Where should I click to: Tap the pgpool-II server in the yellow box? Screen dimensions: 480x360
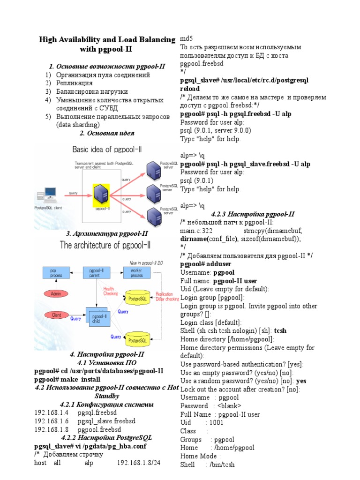[101, 194]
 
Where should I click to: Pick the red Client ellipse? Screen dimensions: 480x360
[56, 315]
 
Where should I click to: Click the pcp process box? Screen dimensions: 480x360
[56, 273]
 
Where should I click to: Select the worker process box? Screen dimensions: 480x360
[136, 273]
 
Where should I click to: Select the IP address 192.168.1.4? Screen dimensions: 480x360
[51, 413]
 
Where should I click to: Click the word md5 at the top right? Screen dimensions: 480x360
[186, 38]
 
